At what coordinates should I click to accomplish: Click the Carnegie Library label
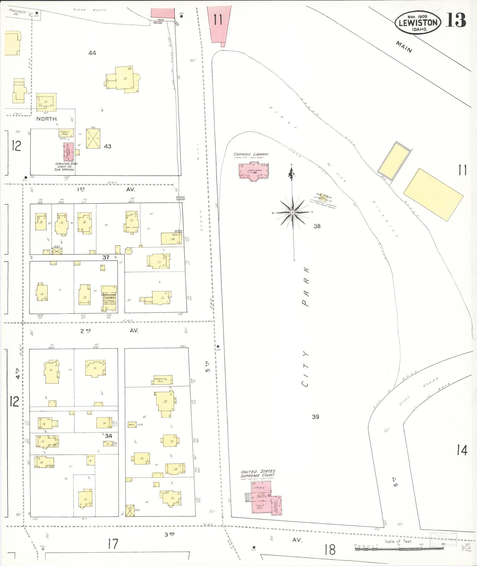[x=251, y=154]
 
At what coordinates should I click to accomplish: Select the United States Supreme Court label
[x=258, y=473]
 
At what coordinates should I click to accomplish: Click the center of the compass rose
[x=292, y=212]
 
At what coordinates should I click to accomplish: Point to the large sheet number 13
[x=456, y=20]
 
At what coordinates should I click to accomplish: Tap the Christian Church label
[x=109, y=296]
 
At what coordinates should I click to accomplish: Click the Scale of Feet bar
[x=399, y=548]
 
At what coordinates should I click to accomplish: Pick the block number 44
[x=92, y=53]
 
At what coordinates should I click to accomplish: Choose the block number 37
[x=106, y=257]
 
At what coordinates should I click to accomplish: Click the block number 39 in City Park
[x=316, y=417]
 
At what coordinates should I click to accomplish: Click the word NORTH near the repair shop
[x=46, y=119]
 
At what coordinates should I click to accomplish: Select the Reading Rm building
[x=162, y=380]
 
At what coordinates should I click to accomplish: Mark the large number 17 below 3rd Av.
[x=113, y=544]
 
